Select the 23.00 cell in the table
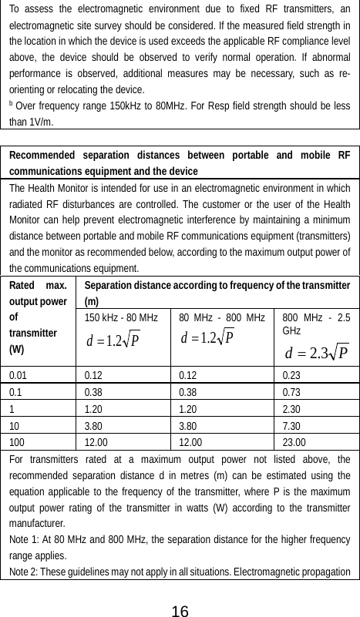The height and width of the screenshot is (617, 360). pyautogui.click(x=294, y=442)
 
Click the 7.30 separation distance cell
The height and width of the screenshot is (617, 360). pyautogui.click(x=292, y=425)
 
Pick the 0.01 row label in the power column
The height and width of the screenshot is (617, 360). pyautogui.click(x=21, y=374)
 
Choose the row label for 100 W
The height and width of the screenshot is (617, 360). pyautogui.click(x=19, y=442)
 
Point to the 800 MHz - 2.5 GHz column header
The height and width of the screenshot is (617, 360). pyautogui.click(x=316, y=323)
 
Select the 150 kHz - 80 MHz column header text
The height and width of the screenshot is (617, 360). pyautogui.click(x=121, y=317)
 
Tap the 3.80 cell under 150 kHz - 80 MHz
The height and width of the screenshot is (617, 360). pyautogui.click(x=96, y=425)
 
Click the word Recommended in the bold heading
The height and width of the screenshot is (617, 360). pyautogui.click(x=42, y=156)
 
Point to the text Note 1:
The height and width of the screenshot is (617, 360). pyautogui.click(x=26, y=540)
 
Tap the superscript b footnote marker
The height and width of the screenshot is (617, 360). pyautogui.click(x=11, y=104)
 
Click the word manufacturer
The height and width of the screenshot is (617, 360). pyautogui.click(x=38, y=525)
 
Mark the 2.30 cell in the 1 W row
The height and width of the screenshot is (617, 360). pyautogui.click(x=292, y=408)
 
